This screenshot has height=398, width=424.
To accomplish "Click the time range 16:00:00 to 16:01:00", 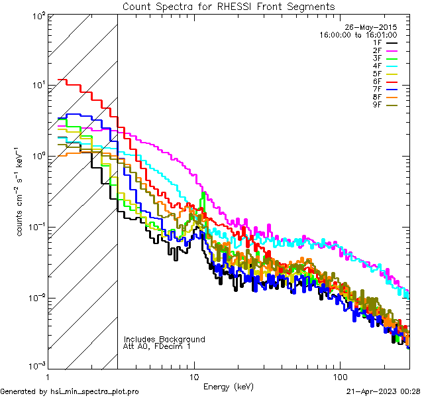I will point(358,34).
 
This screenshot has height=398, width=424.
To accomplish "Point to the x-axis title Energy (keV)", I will point(229,386).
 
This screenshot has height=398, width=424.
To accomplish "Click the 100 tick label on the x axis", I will point(339,375).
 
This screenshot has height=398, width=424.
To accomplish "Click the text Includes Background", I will point(164,339).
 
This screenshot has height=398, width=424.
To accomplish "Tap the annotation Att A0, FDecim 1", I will point(157,346).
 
